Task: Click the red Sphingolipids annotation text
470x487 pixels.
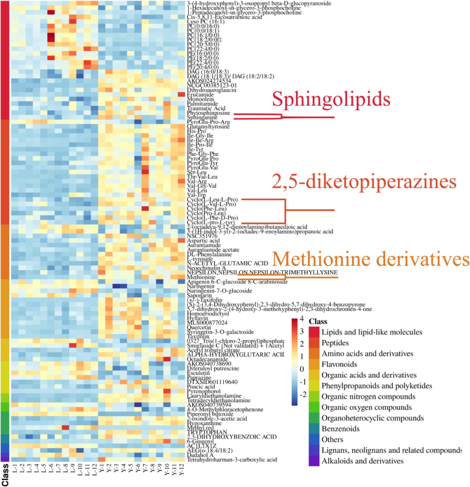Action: coord(331,99)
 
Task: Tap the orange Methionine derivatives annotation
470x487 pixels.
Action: coord(371,259)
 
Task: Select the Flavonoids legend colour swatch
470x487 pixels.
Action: coord(315,364)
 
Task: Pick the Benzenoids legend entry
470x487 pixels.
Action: coord(340,429)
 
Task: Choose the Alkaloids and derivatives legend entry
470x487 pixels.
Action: coord(363,461)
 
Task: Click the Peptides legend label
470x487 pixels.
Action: coord(335,343)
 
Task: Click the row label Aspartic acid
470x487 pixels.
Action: coord(203,241)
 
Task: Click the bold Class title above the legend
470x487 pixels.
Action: coord(318,322)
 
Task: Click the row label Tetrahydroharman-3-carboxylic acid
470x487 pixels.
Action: coord(232,460)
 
